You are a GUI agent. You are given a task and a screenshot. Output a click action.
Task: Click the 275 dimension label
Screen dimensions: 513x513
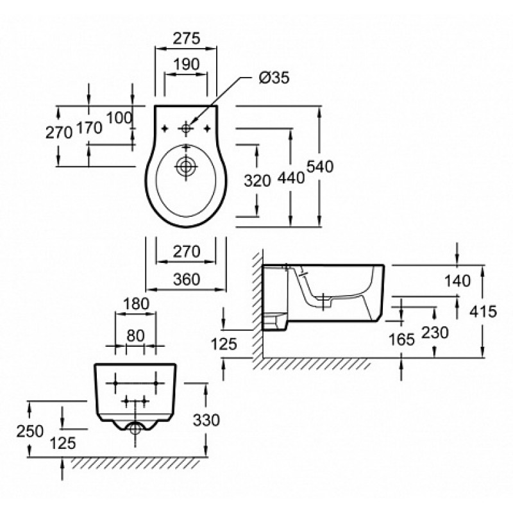coord(186,38)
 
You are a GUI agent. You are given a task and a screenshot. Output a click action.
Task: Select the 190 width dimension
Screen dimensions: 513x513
coord(186,64)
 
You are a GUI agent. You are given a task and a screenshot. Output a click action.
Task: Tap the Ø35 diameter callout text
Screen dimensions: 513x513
coord(274,78)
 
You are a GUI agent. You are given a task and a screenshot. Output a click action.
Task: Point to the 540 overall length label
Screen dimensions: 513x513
coord(320,167)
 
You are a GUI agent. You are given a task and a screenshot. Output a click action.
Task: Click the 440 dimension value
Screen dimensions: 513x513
coord(291,178)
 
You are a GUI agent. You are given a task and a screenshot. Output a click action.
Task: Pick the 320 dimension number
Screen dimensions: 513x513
coord(258,181)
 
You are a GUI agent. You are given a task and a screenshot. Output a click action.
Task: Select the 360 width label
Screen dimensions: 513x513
coord(187,279)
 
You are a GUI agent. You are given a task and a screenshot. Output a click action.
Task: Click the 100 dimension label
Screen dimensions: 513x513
coord(119,118)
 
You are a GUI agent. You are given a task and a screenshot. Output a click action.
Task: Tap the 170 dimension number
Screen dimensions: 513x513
coord(89,128)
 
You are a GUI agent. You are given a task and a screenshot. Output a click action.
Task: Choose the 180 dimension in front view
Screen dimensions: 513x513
coord(136,304)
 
